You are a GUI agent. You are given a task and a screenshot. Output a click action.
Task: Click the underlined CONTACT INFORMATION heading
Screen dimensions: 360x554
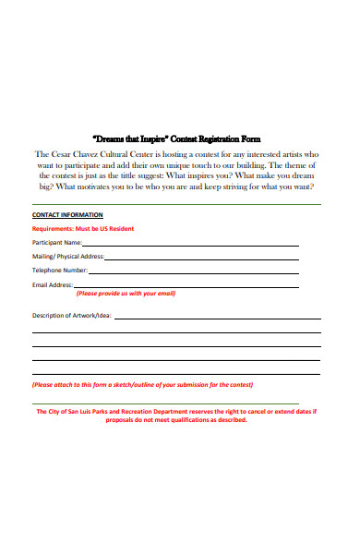coord(67,214)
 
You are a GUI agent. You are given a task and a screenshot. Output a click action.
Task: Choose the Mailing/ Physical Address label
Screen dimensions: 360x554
coord(68,256)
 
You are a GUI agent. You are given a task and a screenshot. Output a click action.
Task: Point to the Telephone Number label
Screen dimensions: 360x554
coord(60,271)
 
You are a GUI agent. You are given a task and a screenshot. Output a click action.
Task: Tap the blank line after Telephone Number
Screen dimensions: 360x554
coord(194,273)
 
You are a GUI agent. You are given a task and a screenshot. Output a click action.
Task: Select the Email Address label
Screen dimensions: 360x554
coord(53,285)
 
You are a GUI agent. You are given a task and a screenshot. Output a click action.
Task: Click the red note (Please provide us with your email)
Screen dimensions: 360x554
coord(126,295)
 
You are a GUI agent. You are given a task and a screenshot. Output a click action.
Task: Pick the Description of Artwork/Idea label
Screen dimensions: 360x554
coord(72,316)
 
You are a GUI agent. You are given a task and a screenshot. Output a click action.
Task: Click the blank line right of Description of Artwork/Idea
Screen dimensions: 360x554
coord(217,318)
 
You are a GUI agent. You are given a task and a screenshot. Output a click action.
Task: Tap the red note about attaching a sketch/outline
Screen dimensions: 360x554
coord(142,384)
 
